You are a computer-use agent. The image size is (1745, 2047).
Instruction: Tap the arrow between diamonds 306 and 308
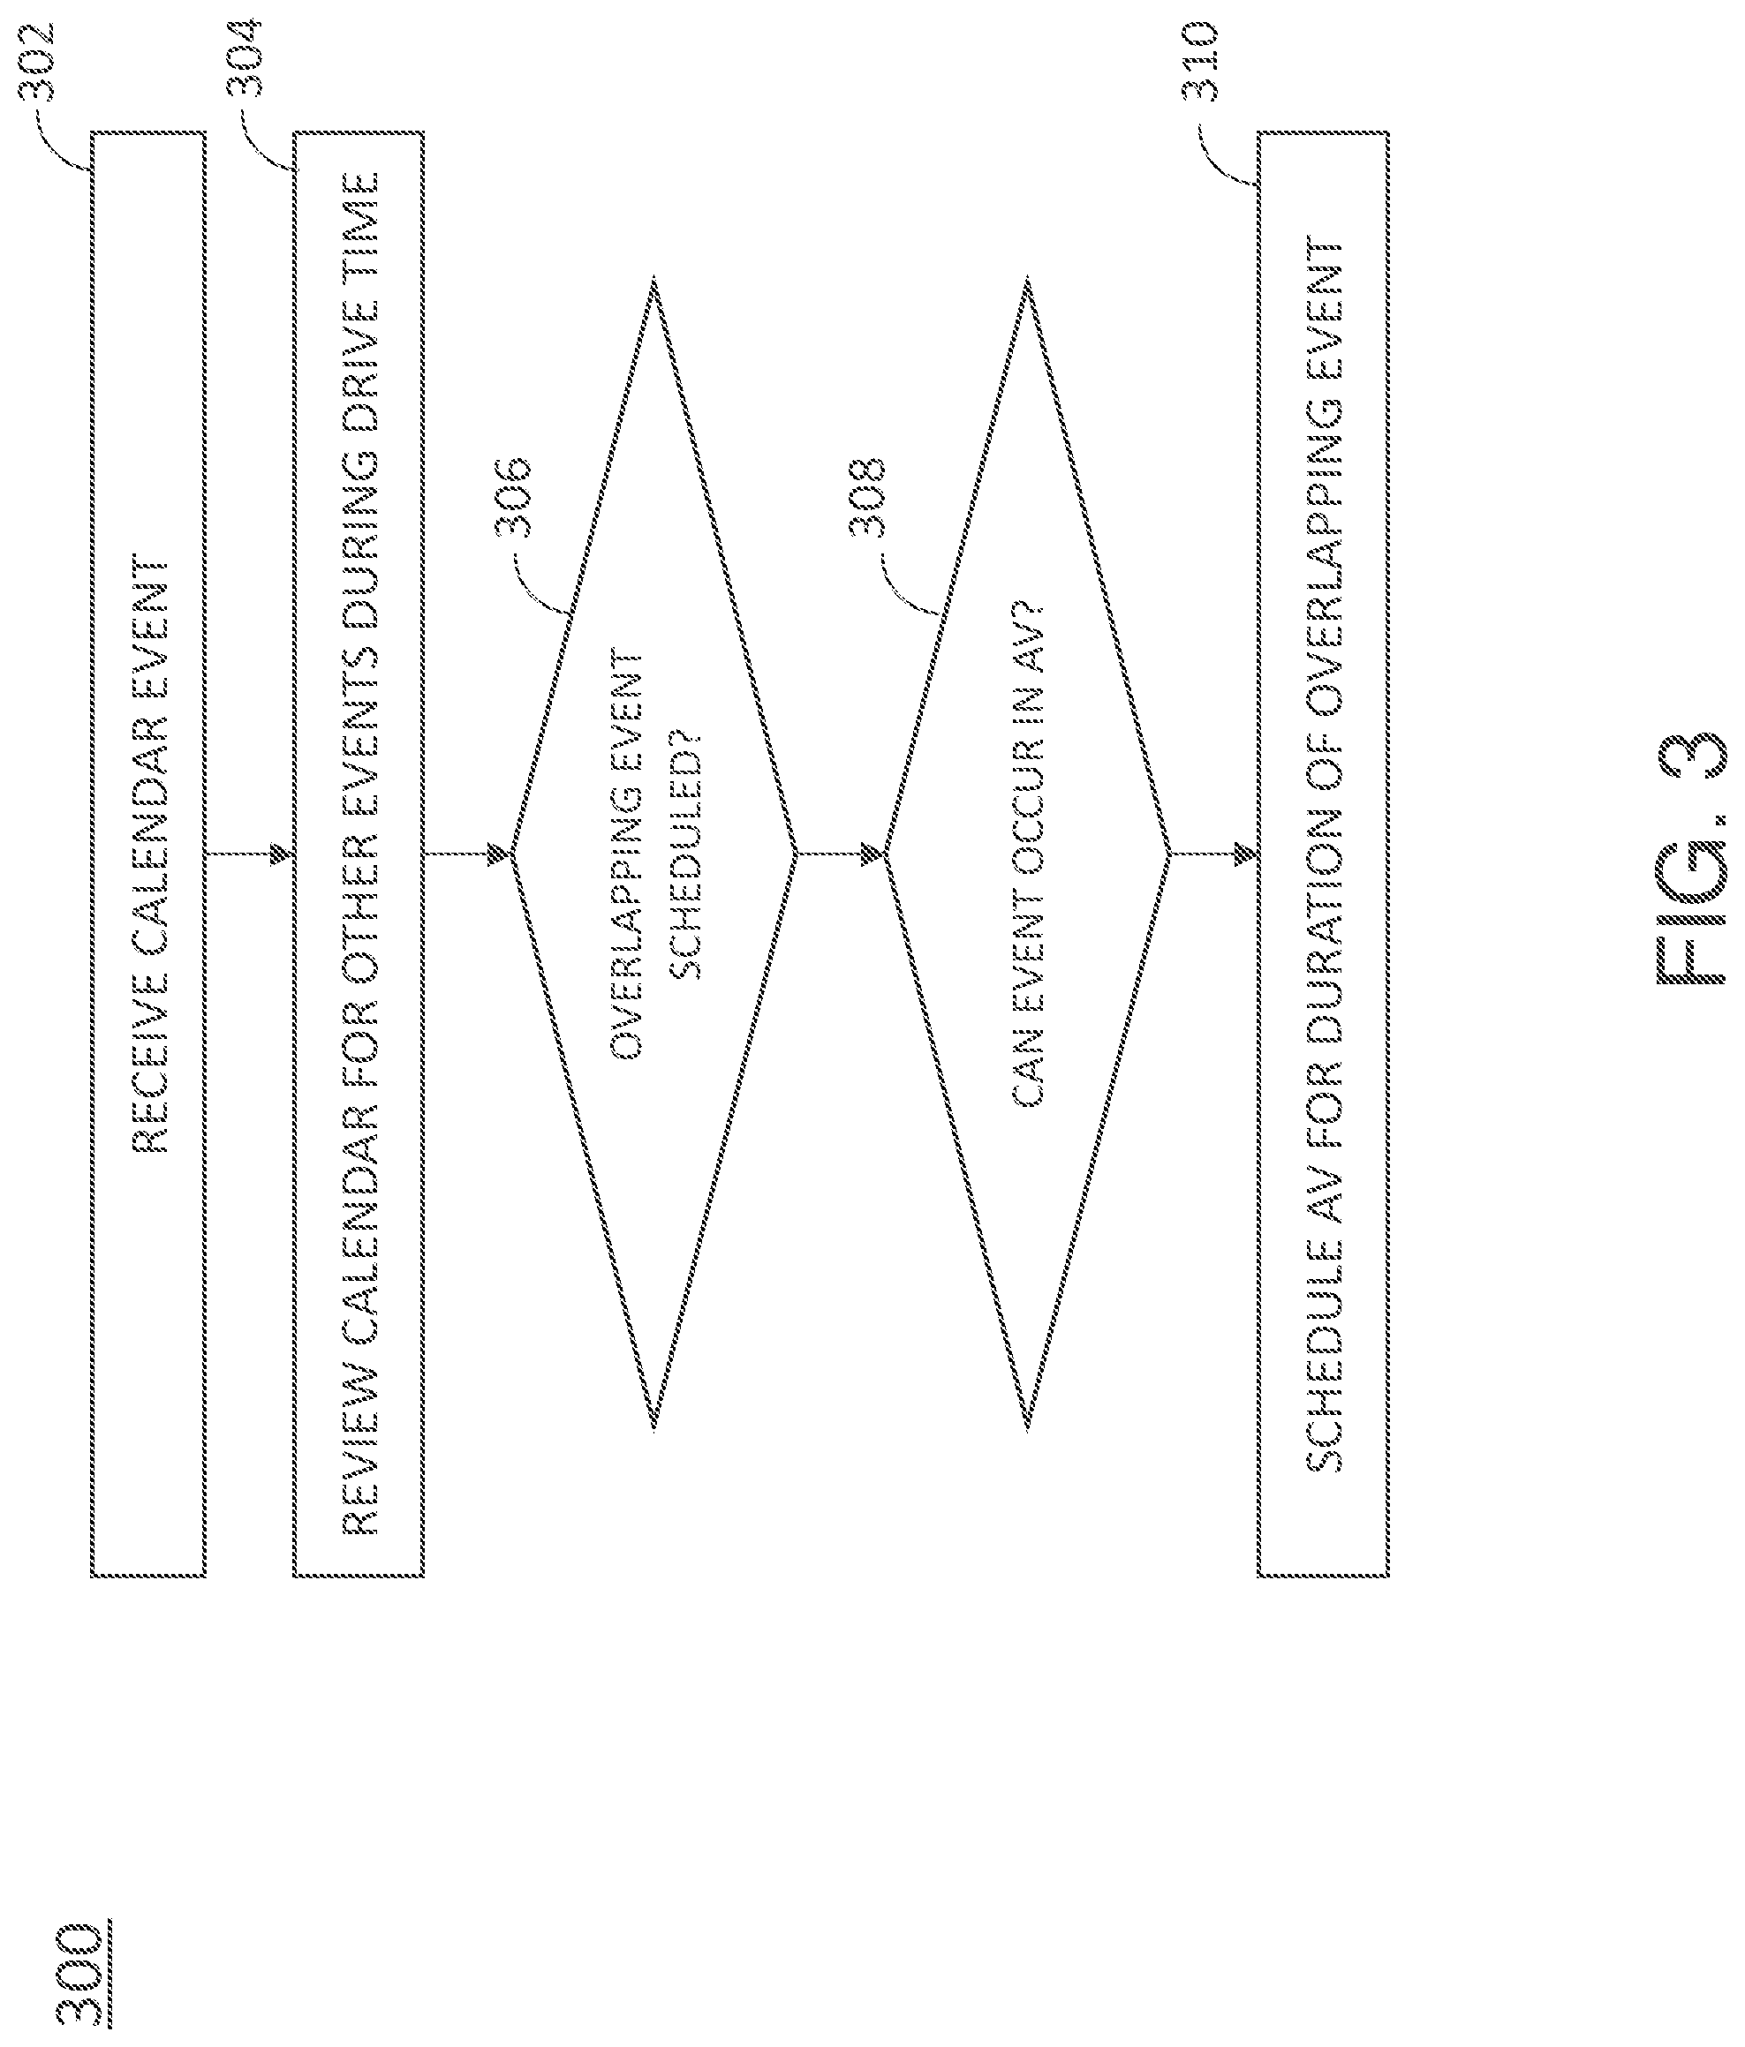(840, 853)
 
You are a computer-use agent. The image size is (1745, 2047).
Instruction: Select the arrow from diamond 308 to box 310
(1213, 853)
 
